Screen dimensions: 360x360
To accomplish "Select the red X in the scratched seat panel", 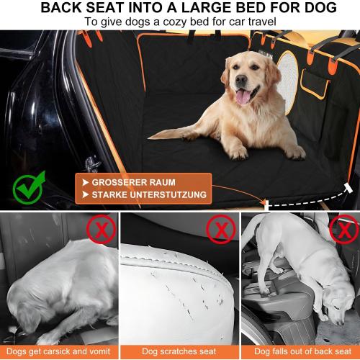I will pos(220,230).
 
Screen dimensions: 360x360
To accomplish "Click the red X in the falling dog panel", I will pos(343,231).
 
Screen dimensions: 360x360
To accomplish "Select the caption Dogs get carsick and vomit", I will pos(59,351).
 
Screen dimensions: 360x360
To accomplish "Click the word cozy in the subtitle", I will pos(175,22).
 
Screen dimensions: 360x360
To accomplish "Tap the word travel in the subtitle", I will pos(258,22).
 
